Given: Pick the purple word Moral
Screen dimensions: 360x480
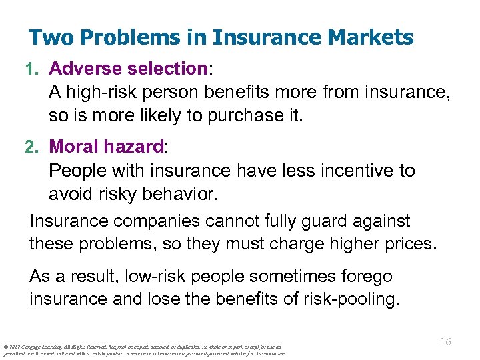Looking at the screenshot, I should click(x=75, y=147).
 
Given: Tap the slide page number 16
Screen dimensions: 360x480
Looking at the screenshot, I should click(x=445, y=342).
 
